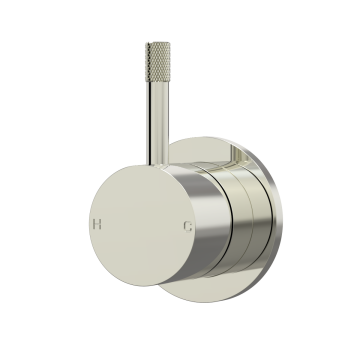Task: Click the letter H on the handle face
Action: tap(97, 224)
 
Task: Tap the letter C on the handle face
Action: tap(188, 226)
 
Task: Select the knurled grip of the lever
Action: tap(158, 62)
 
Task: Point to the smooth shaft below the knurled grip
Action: tap(158, 123)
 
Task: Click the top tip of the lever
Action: tap(158, 42)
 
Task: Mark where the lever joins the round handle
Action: tap(158, 165)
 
